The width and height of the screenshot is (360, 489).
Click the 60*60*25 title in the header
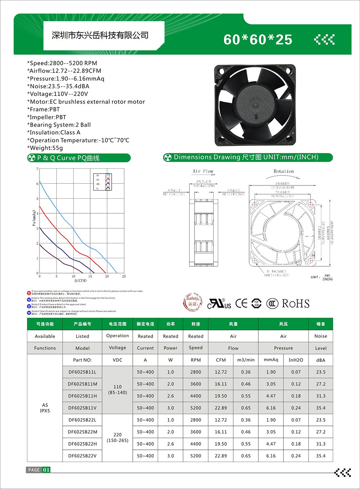[x=258, y=39]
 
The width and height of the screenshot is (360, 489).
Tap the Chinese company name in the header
[x=101, y=35]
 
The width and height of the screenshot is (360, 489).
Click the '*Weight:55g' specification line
[x=45, y=148]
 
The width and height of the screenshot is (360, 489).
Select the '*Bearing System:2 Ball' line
[x=59, y=125]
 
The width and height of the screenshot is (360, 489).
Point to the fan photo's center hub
[x=256, y=105]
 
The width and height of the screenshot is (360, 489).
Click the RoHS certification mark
[x=295, y=304]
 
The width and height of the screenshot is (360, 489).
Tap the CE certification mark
[x=241, y=304]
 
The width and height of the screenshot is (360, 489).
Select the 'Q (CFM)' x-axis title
[x=80, y=280]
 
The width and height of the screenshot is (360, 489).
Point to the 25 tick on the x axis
[x=123, y=276]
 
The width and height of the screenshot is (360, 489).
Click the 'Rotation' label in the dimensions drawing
[x=284, y=171]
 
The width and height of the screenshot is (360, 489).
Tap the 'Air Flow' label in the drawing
[x=203, y=171]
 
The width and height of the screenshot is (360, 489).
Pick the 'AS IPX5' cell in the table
[x=45, y=408]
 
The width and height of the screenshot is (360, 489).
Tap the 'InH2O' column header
[x=296, y=360]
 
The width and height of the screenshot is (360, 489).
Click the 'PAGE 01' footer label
[x=39, y=470]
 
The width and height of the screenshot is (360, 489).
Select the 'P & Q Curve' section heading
[x=68, y=158]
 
